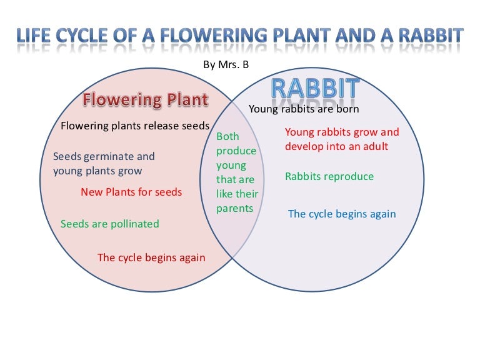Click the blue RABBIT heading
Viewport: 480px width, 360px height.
[315, 89]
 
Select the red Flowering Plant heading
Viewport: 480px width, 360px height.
[146, 100]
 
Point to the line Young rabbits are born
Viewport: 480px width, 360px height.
[304, 109]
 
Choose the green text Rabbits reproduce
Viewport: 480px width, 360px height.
[329, 176]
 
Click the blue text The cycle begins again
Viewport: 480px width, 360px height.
[342, 214]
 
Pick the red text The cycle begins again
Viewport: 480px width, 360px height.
[151, 257]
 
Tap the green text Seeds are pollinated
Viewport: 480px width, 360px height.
[110, 224]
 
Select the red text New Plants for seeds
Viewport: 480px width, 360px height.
[131, 192]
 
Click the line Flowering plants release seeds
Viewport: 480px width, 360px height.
[135, 126]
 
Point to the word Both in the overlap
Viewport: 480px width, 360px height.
[227, 136]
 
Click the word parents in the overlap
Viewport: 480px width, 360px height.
[234, 208]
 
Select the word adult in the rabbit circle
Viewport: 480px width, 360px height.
[374, 146]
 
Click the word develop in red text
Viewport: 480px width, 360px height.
[304, 146]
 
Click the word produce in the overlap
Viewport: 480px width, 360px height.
[236, 151]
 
